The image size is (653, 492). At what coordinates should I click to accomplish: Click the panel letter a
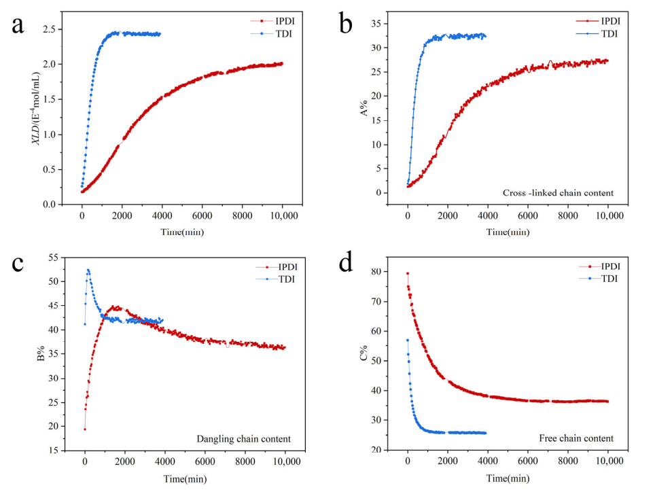click(18, 25)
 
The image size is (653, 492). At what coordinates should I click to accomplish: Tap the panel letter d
click(347, 262)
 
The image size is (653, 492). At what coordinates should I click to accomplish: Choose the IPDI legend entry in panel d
click(603, 267)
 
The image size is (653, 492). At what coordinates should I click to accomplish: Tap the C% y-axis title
click(362, 355)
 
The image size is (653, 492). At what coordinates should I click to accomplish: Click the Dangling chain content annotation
click(243, 438)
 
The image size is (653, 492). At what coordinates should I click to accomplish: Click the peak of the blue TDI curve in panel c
click(88, 270)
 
